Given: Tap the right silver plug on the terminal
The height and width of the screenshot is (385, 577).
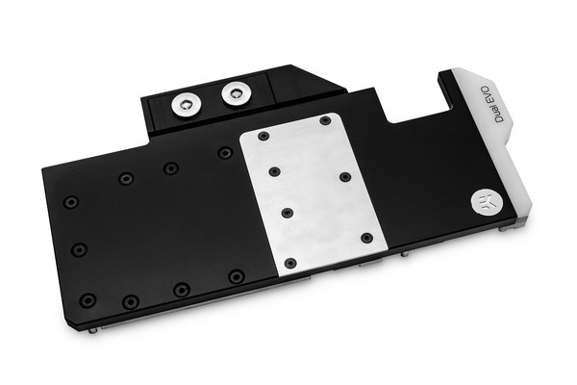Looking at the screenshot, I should pyautogui.click(x=237, y=93).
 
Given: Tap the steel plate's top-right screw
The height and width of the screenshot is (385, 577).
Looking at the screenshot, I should pyautogui.click(x=325, y=120).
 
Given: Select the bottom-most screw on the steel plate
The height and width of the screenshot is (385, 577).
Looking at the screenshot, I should pyautogui.click(x=290, y=262).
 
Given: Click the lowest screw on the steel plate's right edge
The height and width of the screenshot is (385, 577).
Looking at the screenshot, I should pyautogui.click(x=366, y=238).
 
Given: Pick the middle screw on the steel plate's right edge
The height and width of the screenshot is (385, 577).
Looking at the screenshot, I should pyautogui.click(x=345, y=178).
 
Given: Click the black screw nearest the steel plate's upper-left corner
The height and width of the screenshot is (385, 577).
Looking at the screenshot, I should pyautogui.click(x=225, y=152).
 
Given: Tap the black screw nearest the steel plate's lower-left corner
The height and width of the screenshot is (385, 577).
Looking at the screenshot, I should pyautogui.click(x=236, y=276).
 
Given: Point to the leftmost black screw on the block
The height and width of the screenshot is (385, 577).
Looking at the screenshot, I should pyautogui.click(x=70, y=202).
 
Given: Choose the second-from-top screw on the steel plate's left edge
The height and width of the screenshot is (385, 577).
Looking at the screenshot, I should pyautogui.click(x=275, y=171).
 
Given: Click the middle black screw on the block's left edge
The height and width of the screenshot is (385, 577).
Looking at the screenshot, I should pyautogui.click(x=80, y=249).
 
